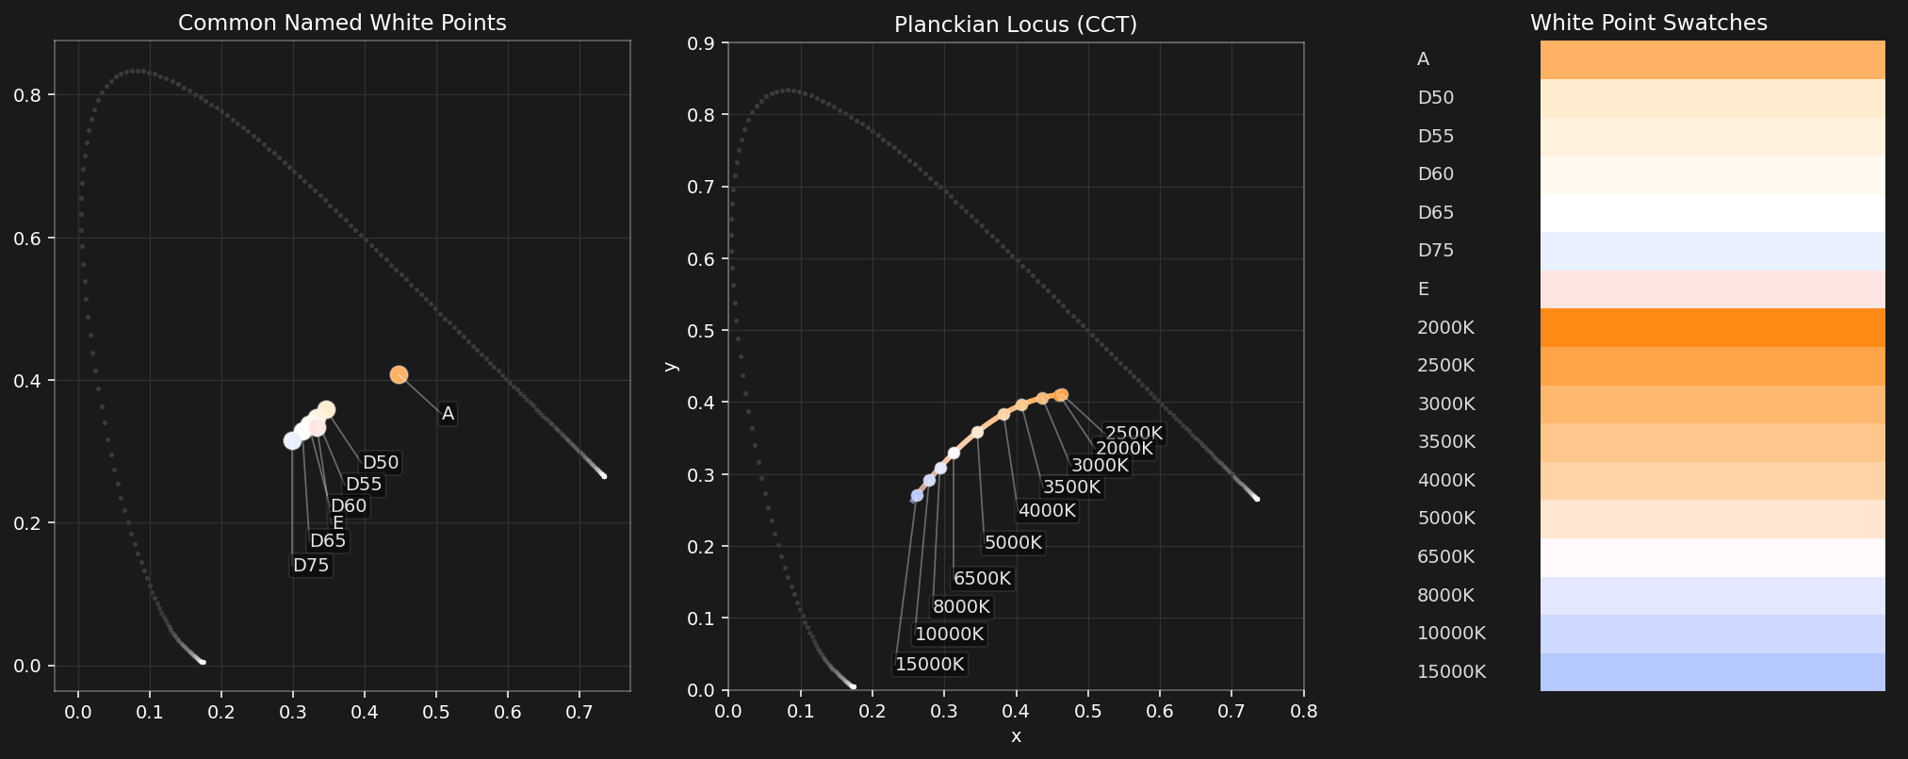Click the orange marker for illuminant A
click(399, 374)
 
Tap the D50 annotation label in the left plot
click(381, 463)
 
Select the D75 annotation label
click(311, 566)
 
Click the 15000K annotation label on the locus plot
click(929, 664)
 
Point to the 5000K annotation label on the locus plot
click(1013, 543)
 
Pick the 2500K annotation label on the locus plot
click(1133, 434)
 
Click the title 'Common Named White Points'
click(342, 23)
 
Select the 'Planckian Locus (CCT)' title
click(1016, 25)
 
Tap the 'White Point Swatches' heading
click(1648, 23)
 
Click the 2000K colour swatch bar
click(1712, 328)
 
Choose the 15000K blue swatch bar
click(1712, 672)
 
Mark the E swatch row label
click(1423, 289)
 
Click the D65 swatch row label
click(1435, 213)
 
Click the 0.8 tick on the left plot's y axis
click(39, 96)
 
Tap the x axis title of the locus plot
click(1016, 736)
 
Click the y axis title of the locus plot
click(670, 366)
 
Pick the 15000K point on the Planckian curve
click(917, 496)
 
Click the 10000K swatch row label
click(1451, 634)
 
